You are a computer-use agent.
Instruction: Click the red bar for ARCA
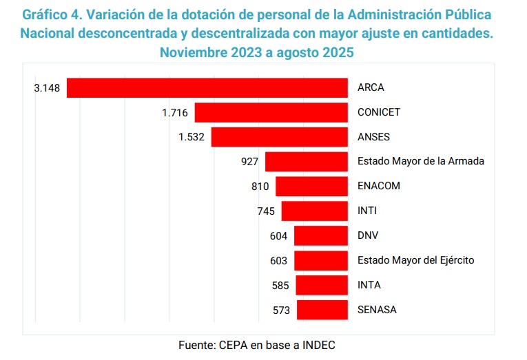tap(207, 87)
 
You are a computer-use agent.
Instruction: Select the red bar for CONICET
tap(271, 112)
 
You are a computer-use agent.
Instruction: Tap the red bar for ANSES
tap(279, 137)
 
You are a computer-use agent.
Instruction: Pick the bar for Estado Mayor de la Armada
tap(306, 161)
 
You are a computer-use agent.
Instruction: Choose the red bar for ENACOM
tap(311, 186)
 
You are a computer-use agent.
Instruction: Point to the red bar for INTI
tap(314, 211)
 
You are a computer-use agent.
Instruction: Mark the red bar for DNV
tap(320, 235)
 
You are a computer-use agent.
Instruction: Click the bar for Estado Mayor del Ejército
tap(320, 260)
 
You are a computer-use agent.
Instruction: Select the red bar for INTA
tap(321, 285)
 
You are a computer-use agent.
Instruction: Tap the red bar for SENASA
tap(322, 310)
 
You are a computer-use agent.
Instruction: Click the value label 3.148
tap(48, 87)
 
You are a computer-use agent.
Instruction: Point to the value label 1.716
tap(176, 112)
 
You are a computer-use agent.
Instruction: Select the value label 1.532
tap(192, 137)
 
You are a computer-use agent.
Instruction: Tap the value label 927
tap(250, 161)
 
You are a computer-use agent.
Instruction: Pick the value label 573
tap(282, 310)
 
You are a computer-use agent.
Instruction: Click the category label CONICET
tap(379, 112)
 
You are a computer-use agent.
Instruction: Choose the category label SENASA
tap(377, 310)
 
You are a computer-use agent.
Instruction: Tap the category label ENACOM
tap(379, 186)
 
